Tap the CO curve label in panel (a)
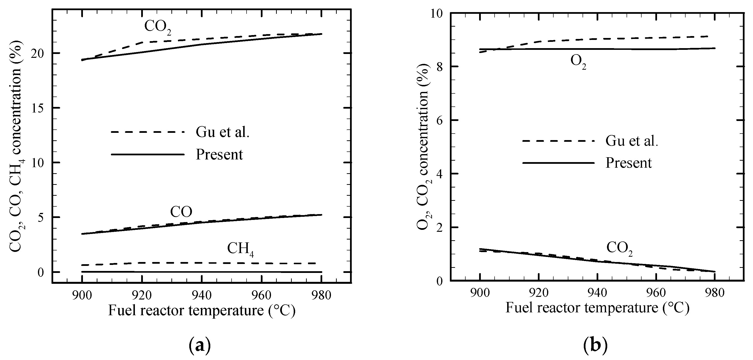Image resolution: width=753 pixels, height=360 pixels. (181, 212)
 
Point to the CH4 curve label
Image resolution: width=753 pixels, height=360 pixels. (240, 249)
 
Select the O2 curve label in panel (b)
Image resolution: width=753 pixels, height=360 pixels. (578, 62)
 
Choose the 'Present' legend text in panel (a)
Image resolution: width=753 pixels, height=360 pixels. (219, 154)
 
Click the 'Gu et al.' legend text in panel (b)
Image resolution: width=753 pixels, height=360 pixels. (632, 141)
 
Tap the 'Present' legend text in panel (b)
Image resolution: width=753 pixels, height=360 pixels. (629, 163)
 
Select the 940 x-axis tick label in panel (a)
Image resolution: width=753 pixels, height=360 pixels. (202, 295)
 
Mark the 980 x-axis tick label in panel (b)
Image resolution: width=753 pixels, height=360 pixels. (714, 293)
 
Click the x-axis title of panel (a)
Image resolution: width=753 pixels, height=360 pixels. (202, 310)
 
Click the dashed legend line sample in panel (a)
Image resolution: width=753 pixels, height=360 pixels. (148, 132)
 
